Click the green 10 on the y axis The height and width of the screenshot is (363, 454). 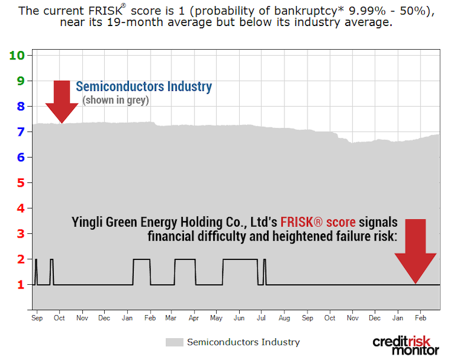pos(16,55)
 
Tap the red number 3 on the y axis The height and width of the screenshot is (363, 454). pos(20,234)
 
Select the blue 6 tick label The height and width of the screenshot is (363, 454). pos(20,158)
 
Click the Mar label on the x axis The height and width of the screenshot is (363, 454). pos(171,318)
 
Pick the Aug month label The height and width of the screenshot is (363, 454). pos(284,318)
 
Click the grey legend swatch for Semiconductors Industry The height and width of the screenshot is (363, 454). pos(174,342)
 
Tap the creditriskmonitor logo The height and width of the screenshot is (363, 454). pos(406,345)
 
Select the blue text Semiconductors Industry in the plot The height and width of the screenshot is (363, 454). pos(143,87)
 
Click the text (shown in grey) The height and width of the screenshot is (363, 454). pos(116,100)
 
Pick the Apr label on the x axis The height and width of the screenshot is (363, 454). pos(194,318)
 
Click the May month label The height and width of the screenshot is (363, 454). pos(216,318)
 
